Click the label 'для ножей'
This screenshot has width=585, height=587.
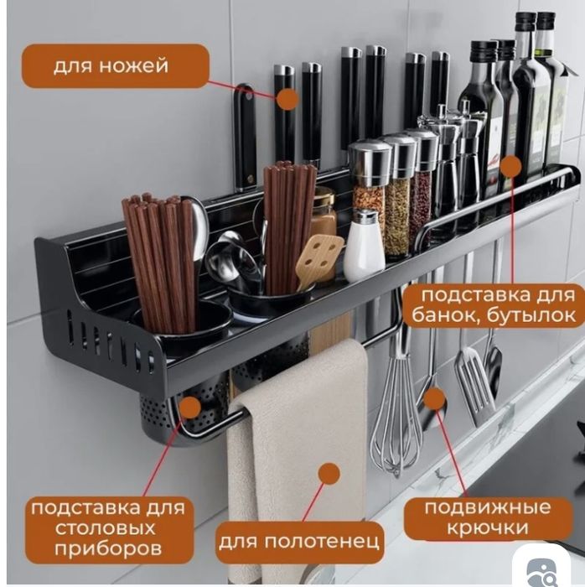[x=111, y=66]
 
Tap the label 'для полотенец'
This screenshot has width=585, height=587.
[x=299, y=542]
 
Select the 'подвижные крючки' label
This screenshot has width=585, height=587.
[x=488, y=517]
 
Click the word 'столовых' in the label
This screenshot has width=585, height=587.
[x=105, y=528]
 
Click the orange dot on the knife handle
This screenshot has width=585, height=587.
[x=287, y=99]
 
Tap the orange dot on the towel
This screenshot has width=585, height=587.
[x=329, y=474]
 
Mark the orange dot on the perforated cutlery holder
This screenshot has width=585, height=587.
[x=189, y=408]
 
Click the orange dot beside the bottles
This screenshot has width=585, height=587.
[x=510, y=166]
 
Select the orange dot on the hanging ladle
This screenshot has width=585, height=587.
[x=434, y=398]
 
